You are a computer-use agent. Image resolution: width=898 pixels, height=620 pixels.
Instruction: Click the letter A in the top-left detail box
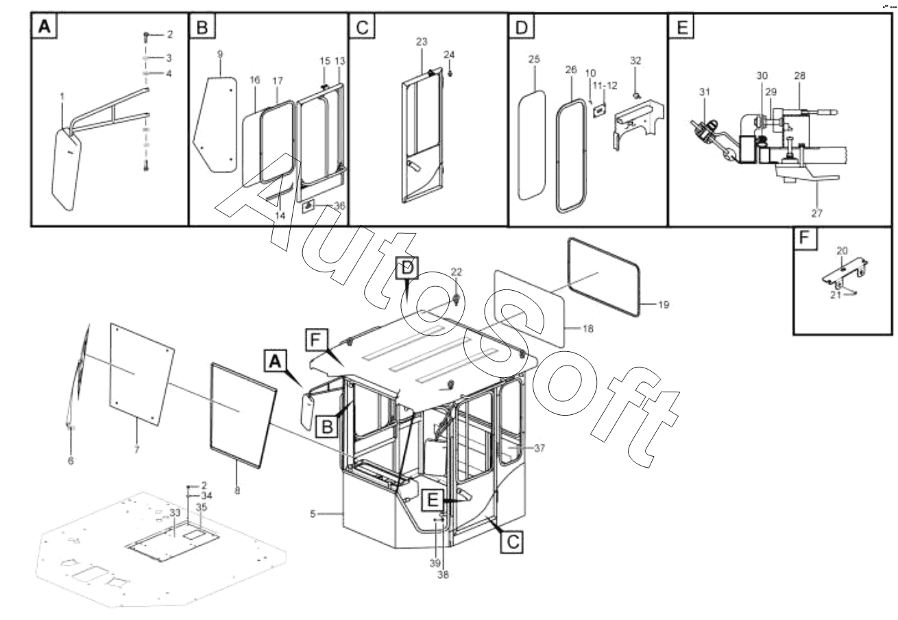click(44, 27)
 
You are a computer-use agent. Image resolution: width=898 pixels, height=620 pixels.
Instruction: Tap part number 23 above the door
click(421, 42)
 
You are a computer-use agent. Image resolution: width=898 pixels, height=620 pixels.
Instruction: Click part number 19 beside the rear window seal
click(663, 305)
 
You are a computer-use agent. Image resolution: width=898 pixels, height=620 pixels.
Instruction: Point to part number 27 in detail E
click(816, 213)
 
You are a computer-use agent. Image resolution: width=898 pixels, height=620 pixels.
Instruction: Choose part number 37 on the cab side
click(539, 448)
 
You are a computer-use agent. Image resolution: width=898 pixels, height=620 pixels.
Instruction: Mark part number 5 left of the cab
click(313, 513)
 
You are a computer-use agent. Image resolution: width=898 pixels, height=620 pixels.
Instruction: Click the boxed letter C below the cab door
click(512, 542)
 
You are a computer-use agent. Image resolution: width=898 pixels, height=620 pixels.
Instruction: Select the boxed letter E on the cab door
click(433, 500)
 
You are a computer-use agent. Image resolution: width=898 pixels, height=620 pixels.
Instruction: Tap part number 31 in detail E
click(705, 92)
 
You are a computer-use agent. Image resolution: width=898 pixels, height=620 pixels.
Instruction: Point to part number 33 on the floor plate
click(174, 512)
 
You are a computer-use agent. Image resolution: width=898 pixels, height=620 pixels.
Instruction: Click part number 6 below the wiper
click(70, 461)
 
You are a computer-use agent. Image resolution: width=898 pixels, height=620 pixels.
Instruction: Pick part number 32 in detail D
click(635, 61)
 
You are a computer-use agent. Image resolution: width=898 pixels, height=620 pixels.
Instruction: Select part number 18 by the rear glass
click(587, 329)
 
